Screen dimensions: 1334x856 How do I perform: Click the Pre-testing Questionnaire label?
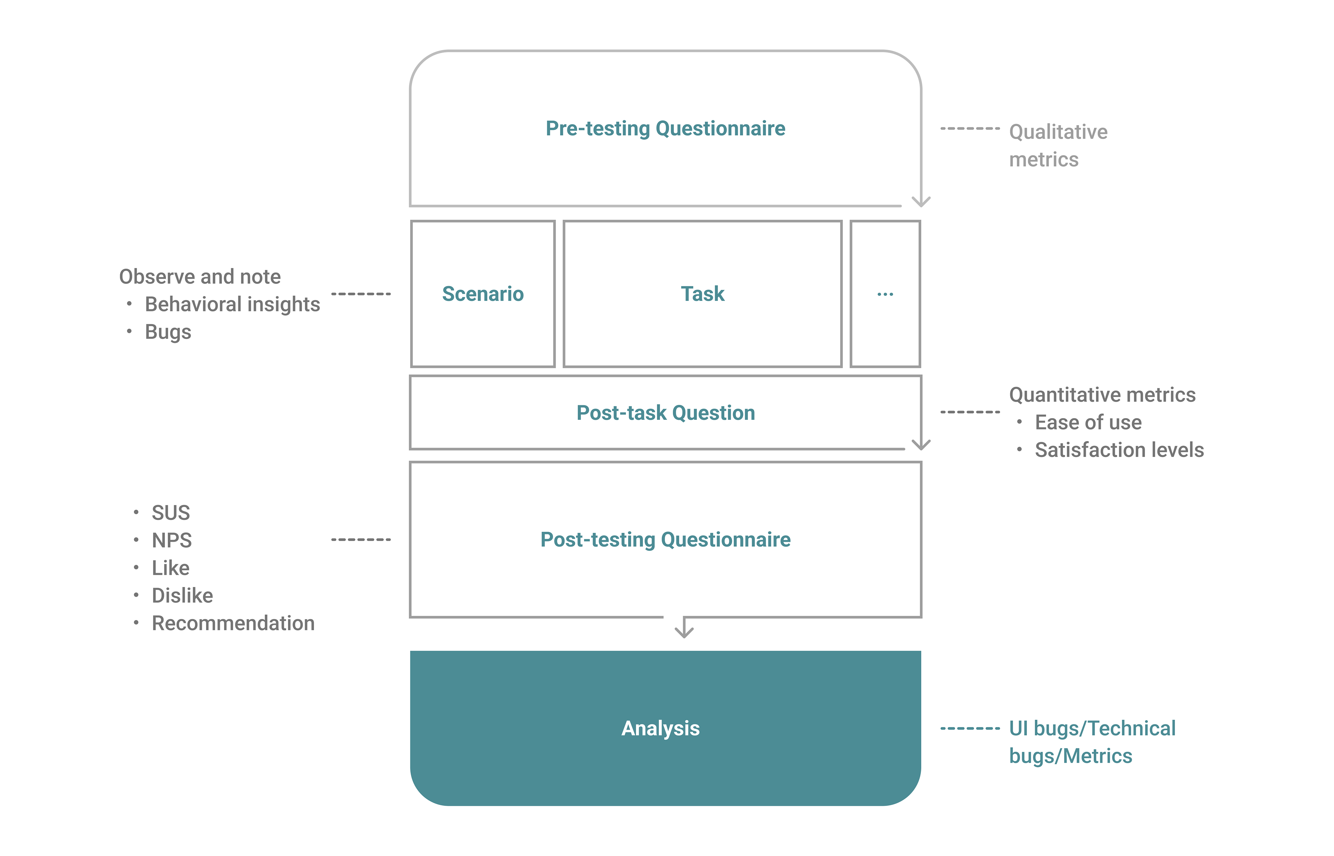point(665,128)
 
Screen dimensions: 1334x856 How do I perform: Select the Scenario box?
point(483,293)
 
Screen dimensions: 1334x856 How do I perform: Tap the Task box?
point(702,293)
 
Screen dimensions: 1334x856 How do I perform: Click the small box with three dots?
point(885,293)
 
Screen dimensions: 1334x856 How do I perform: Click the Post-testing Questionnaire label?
point(665,540)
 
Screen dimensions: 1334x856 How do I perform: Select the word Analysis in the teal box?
point(661,728)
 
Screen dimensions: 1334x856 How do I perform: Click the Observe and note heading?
point(200,276)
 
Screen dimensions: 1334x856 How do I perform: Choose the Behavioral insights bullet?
point(232,304)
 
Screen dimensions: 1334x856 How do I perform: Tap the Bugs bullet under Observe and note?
point(168,332)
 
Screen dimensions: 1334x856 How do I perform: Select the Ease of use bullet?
point(1088,423)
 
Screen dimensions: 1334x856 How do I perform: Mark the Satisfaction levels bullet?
point(1119,450)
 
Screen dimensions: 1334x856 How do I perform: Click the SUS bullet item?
point(171,513)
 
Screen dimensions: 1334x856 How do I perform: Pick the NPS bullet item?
point(172,540)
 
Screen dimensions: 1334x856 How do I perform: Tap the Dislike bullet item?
point(182,595)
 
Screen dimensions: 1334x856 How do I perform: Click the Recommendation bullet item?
point(233,623)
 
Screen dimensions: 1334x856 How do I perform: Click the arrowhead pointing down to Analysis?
point(684,634)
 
